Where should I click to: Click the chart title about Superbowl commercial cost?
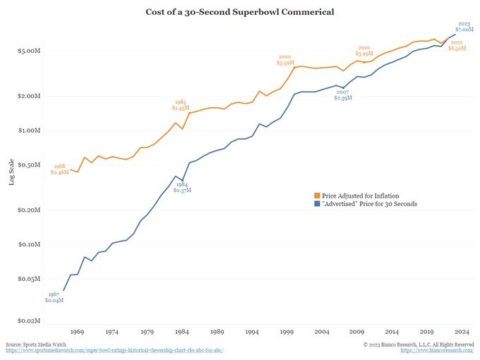coord(240,13)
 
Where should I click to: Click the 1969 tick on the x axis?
coord(77,331)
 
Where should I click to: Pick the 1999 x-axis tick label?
coord(287,331)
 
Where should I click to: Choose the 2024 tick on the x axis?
coord(462,331)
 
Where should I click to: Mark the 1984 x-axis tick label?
coord(182,331)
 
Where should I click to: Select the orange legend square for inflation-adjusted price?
coord(317,194)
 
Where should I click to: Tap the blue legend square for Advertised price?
coord(317,204)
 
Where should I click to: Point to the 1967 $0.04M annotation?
coord(54,297)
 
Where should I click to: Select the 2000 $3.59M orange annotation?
coord(285,60)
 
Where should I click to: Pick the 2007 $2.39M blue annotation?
coord(343,95)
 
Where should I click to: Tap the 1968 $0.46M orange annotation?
coord(59,169)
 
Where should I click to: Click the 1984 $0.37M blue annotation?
coord(181,187)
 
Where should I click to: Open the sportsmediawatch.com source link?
coord(115,350)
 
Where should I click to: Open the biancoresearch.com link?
coord(437,350)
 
